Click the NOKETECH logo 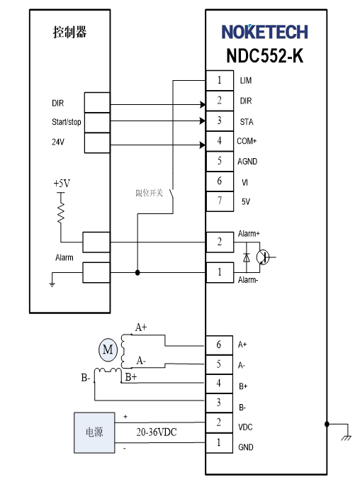tap(264, 32)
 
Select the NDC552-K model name tap(264, 55)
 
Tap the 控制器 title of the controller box tap(70, 32)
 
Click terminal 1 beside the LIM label tap(220, 80)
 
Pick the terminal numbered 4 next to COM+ tap(220, 141)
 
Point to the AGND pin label tap(247, 162)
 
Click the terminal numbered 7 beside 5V tap(220, 201)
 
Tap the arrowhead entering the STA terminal tap(202, 121)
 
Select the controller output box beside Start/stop tap(97, 123)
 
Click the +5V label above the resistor tap(62, 184)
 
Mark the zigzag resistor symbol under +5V tap(61, 213)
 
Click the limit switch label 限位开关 tap(149, 194)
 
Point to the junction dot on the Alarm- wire tap(137, 273)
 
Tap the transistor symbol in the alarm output tap(263, 257)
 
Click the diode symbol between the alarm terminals tap(247, 257)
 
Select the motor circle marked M tap(108, 349)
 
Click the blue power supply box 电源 tap(94, 432)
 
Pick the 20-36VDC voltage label tap(156, 432)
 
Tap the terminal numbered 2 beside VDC tap(219, 422)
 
